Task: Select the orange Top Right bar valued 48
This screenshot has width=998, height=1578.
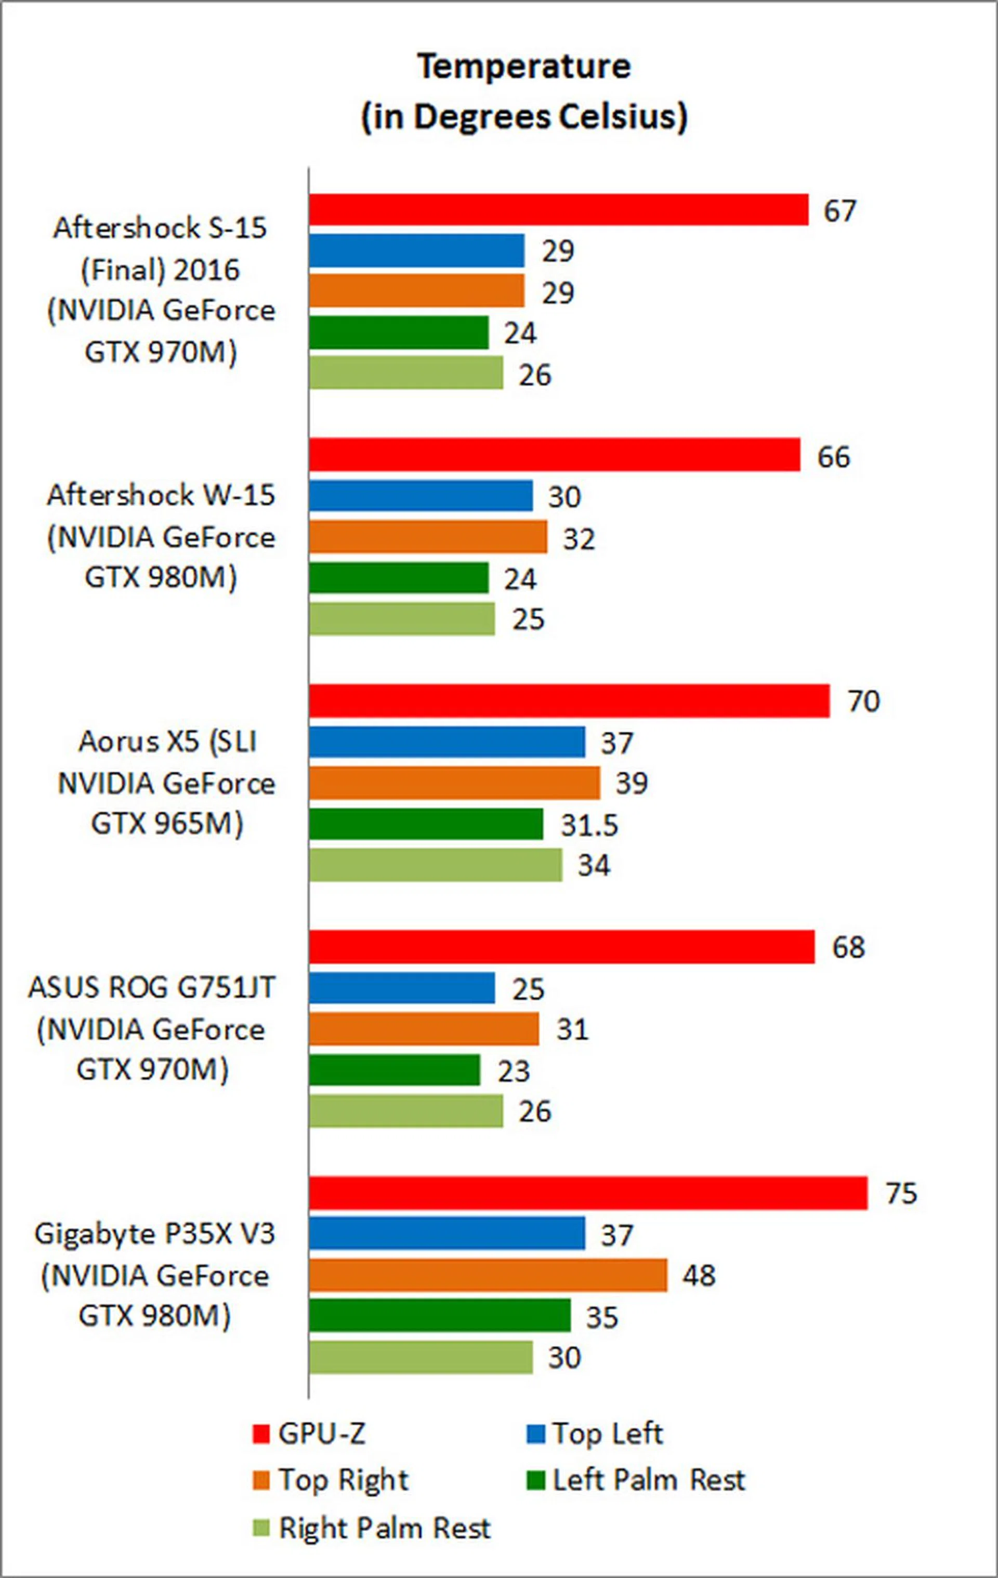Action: pyautogui.click(x=488, y=1275)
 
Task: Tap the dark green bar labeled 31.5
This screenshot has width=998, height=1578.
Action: pyautogui.click(x=426, y=824)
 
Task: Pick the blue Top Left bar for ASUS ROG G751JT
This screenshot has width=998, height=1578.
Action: pyautogui.click(x=402, y=988)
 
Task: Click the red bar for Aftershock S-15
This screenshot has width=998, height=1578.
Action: pyautogui.click(x=558, y=210)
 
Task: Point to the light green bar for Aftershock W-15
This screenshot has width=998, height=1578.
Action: pyautogui.click(x=402, y=619)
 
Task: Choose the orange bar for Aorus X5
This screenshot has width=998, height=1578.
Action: pyautogui.click(x=454, y=783)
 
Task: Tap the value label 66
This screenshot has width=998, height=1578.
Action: pyautogui.click(x=833, y=457)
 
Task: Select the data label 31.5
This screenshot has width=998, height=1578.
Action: pyautogui.click(x=589, y=825)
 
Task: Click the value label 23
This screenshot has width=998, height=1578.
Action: pyautogui.click(x=514, y=1071)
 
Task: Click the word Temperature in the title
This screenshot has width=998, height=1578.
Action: pyautogui.click(x=524, y=67)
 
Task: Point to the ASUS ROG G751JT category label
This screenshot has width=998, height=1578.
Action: pyautogui.click(x=152, y=1028)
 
